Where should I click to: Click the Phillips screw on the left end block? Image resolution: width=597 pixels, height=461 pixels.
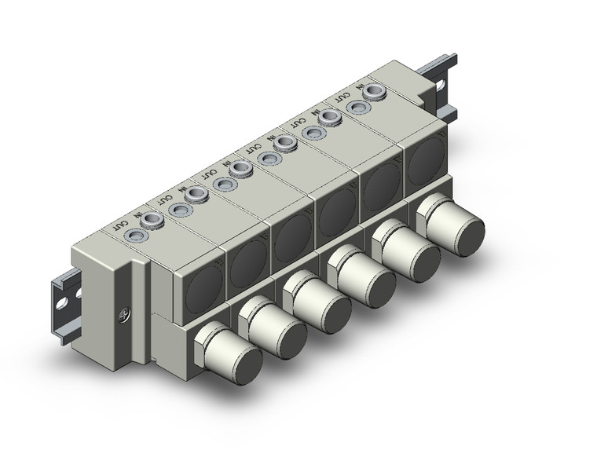pos(122,317)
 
